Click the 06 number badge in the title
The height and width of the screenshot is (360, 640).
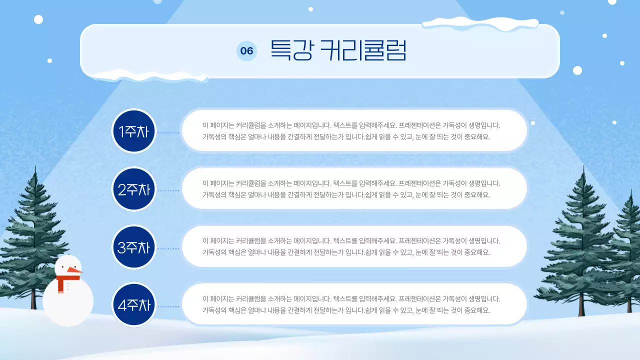(246, 51)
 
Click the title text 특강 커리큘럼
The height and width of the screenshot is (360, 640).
(338, 50)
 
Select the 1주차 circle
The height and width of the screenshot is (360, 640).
(133, 131)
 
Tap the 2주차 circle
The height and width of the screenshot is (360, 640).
(133, 189)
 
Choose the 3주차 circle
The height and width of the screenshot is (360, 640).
(133, 247)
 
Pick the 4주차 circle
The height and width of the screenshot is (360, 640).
(133, 304)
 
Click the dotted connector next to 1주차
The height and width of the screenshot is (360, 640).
(168, 132)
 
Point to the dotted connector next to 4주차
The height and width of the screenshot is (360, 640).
(168, 306)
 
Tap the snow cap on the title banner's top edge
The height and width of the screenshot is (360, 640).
(480, 23)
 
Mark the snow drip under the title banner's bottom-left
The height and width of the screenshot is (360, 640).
(150, 76)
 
